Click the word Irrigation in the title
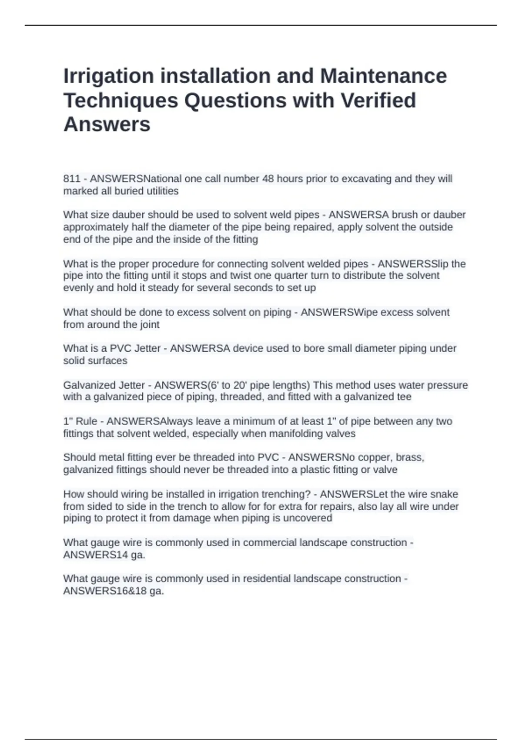(x=108, y=77)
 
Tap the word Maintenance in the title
(x=383, y=76)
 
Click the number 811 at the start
(x=72, y=179)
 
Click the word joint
(x=150, y=324)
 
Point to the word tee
(x=404, y=397)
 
